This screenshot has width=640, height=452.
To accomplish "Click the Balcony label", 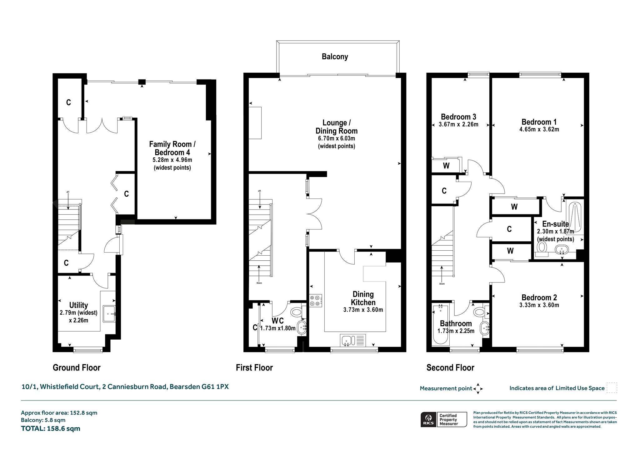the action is pos(335,56).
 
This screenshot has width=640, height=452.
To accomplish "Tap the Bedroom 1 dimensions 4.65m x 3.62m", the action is pos(539,129).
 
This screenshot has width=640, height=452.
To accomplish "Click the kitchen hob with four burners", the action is pos(315,301).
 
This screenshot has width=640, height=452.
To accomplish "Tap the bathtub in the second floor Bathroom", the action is pos(440,325).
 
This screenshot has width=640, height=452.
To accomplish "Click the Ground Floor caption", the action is pos(77,367).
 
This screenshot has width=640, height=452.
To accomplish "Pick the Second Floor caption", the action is pos(450,367).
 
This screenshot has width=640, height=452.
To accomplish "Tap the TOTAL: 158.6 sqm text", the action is pos(51,428).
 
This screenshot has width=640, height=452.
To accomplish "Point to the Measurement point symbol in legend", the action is pos(478,389).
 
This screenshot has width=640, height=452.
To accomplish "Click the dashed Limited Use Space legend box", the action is pos(612,388).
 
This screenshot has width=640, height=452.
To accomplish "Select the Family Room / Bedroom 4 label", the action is pos(172,148).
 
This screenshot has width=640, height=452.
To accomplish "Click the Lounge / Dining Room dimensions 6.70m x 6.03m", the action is pos(336,139).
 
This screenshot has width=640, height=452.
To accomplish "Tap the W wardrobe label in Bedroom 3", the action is pos(446,166).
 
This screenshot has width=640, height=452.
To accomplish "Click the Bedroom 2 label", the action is pos(539,297).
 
